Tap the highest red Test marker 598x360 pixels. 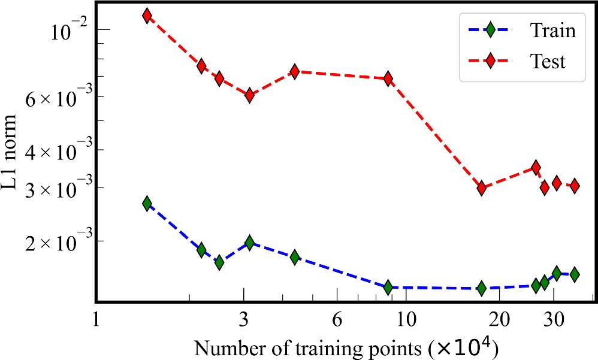[x=147, y=16]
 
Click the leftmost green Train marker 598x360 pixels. [x=147, y=204]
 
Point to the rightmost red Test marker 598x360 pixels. [x=574, y=186]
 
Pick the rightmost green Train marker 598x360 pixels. [x=574, y=274]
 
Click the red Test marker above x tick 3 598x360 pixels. [x=249, y=95]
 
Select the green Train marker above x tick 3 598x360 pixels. [x=249, y=243]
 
